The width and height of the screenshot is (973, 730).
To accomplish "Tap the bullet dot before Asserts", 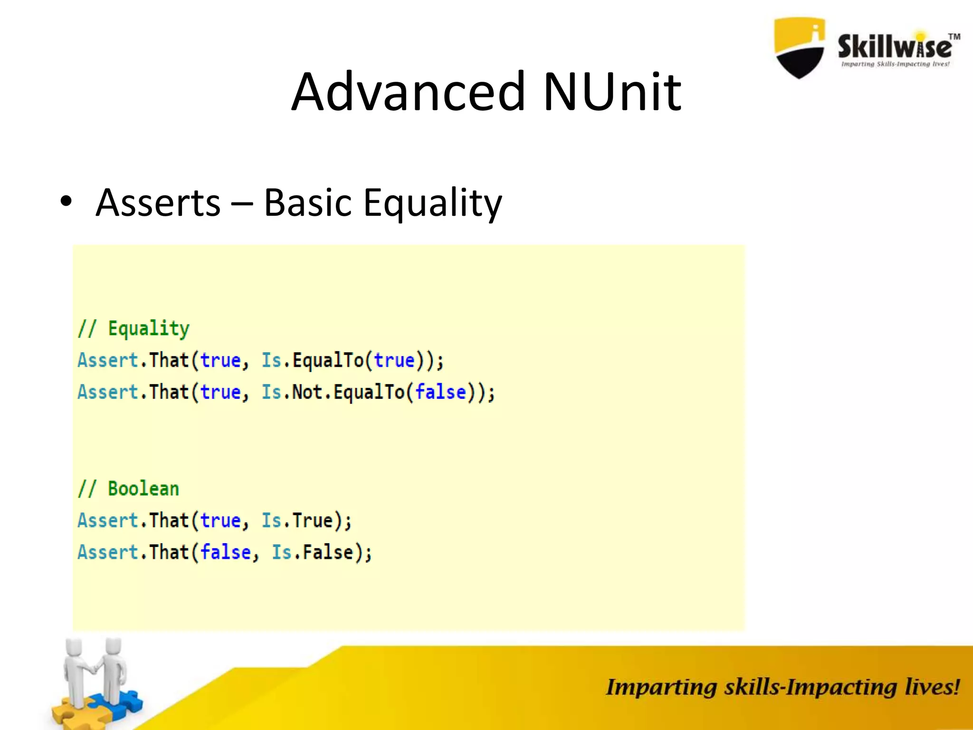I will pos(66,202).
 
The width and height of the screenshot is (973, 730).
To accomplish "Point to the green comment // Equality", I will pos(134,328).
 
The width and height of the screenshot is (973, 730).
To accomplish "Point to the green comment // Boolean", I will pos(128,489).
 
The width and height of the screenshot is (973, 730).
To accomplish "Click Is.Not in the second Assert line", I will pos(292,392).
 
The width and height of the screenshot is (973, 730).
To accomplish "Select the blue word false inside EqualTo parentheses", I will pos(440,392).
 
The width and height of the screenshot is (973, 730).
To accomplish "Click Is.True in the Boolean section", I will pos(297,520).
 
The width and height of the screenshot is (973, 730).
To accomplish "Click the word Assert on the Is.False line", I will pos(108,552).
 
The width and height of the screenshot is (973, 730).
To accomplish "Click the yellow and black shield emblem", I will pos(800,48).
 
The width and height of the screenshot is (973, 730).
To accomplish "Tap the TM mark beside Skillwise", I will pos(954,37).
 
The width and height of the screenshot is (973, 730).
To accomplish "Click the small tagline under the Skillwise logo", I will pos(895,64).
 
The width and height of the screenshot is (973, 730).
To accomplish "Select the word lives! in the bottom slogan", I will pos(932,687).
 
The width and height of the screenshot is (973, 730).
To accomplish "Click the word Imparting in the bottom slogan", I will pos(661,687).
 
